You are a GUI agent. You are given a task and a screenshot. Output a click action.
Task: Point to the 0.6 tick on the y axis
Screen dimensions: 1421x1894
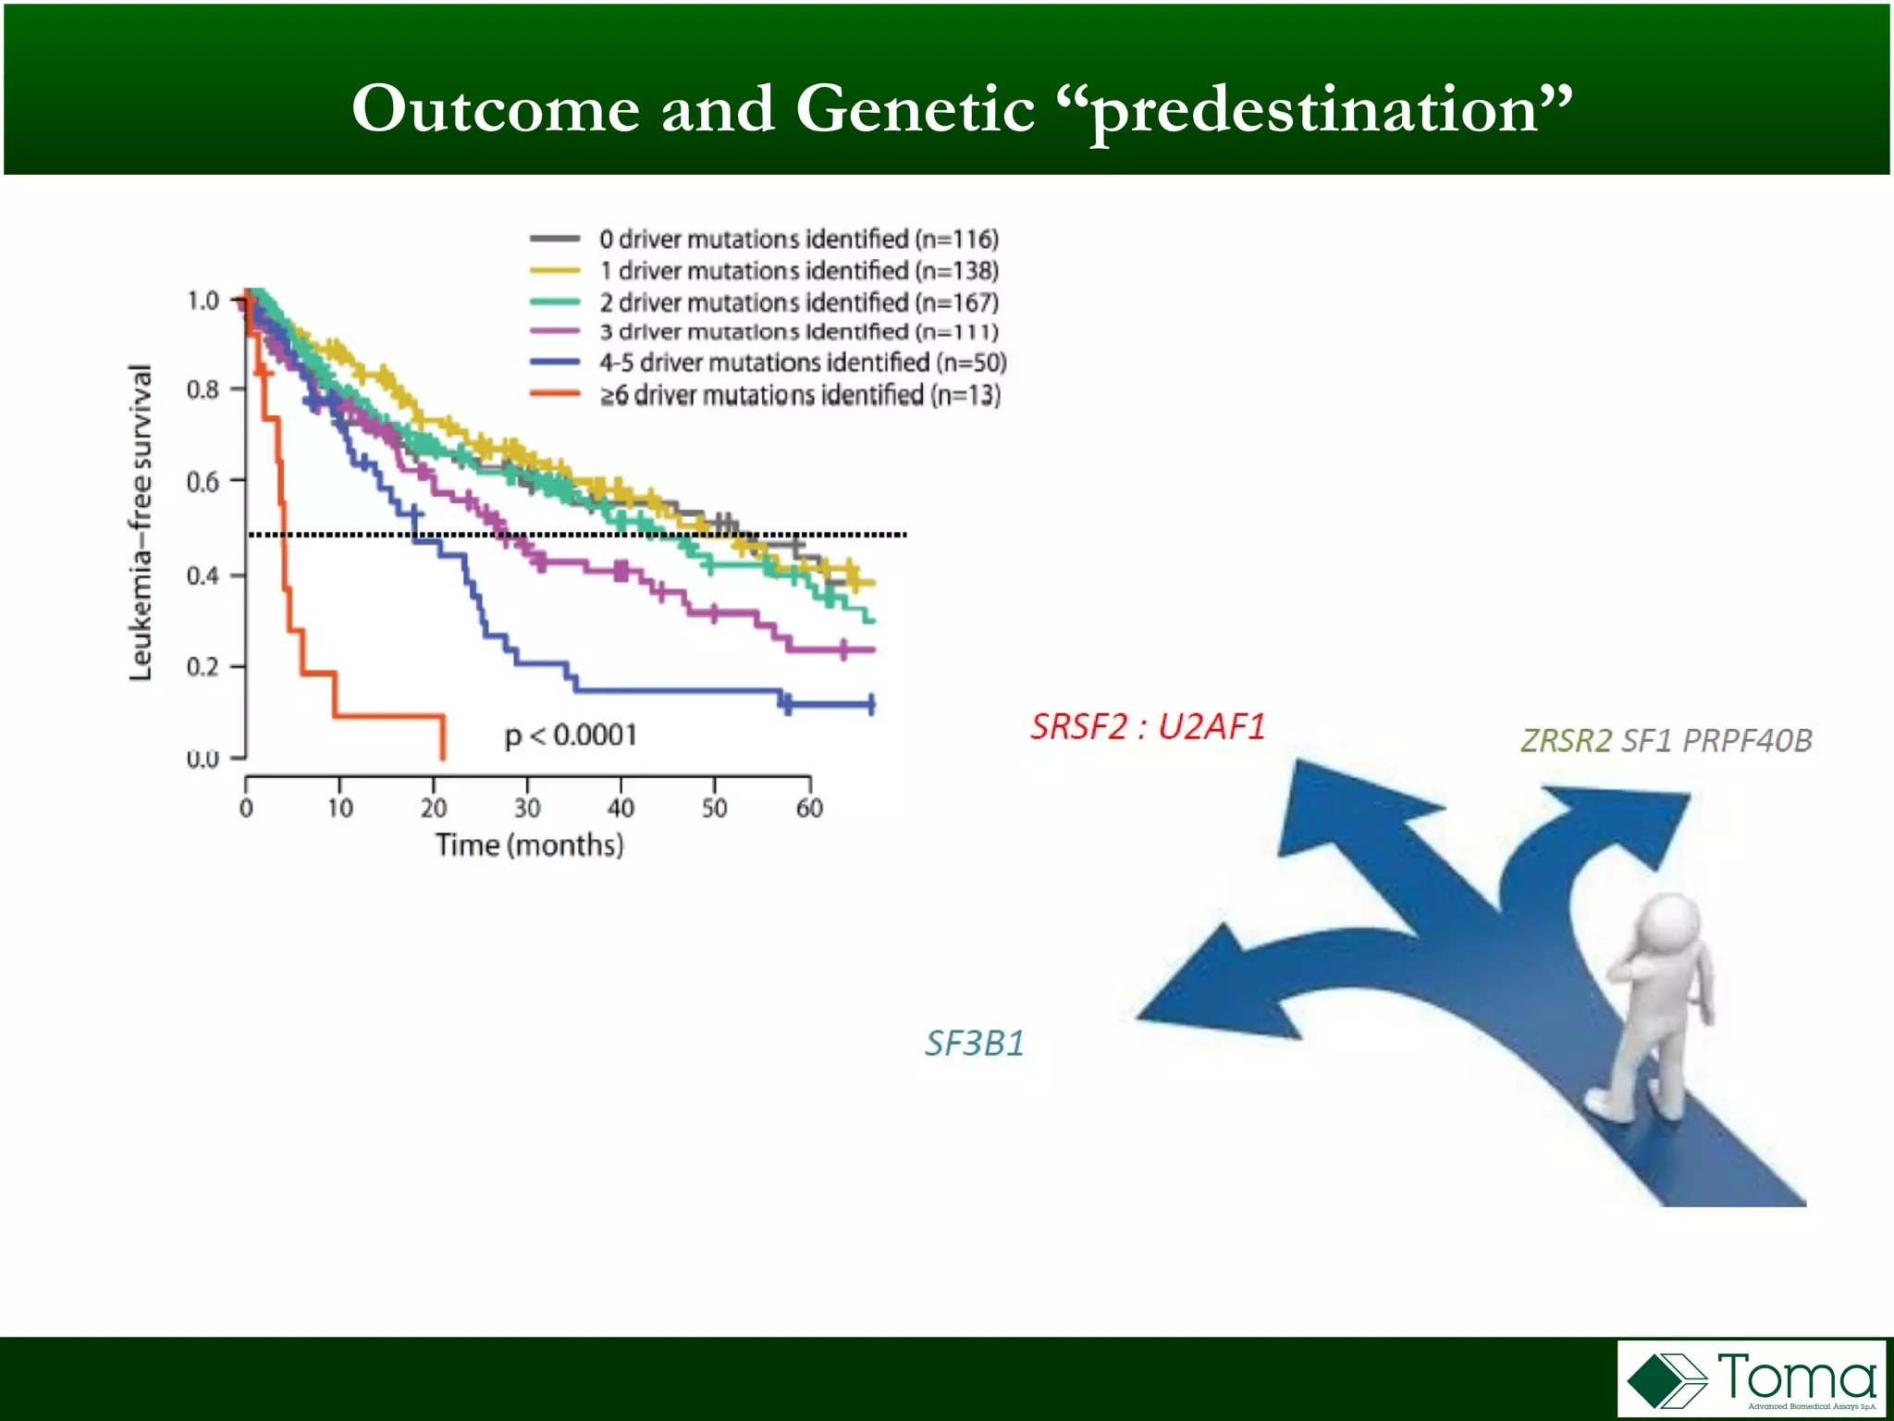click(203, 481)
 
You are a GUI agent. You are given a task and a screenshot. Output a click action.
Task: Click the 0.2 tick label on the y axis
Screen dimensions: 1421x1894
click(203, 666)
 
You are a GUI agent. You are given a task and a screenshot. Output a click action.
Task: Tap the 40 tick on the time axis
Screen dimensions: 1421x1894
click(621, 807)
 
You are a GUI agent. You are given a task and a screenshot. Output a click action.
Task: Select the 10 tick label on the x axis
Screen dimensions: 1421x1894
click(339, 807)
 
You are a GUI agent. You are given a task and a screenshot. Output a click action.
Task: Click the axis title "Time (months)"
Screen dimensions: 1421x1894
click(529, 845)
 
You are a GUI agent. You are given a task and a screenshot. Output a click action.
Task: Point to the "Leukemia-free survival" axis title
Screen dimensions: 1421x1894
click(140, 523)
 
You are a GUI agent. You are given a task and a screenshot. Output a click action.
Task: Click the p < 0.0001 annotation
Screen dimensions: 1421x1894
click(571, 735)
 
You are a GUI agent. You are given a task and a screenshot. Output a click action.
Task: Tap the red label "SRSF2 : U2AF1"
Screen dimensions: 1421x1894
click(1147, 727)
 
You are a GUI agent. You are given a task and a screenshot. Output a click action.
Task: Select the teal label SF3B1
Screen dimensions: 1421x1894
click(975, 1044)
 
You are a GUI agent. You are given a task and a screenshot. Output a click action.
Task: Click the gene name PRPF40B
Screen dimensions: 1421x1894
click(1747, 740)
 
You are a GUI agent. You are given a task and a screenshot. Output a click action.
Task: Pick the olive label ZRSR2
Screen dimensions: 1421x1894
click(1566, 740)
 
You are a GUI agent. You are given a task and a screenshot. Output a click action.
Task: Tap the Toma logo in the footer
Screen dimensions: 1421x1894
click(1751, 1378)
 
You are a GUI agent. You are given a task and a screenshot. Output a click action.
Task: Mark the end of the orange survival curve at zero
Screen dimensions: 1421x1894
click(443, 757)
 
